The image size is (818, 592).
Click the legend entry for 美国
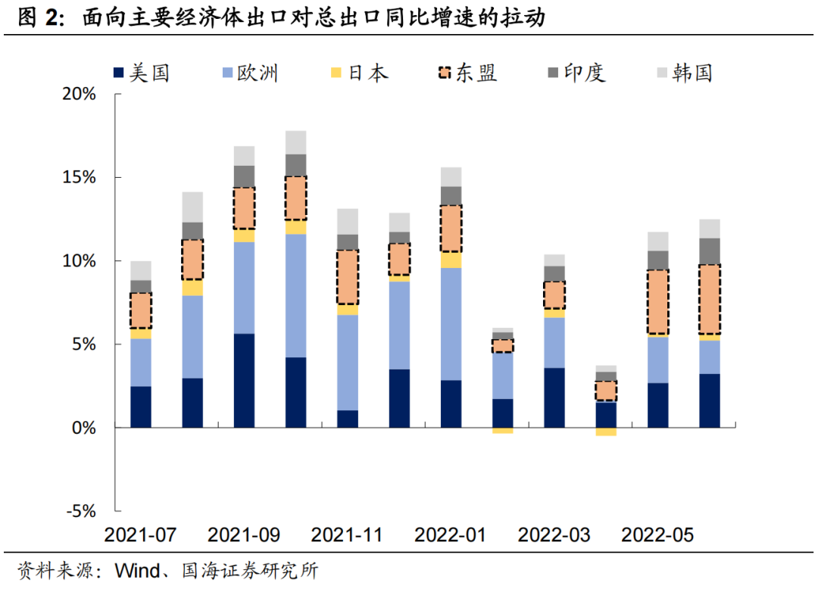[x=141, y=73]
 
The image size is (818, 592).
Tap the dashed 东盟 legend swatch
[x=445, y=73]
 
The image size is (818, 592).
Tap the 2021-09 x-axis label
[x=244, y=534]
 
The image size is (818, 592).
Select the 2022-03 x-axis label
[x=554, y=534]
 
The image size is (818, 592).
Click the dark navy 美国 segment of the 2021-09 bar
[x=244, y=380]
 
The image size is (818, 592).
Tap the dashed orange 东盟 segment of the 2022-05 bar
[x=658, y=302]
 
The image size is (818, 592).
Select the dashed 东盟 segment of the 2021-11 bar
[x=348, y=277]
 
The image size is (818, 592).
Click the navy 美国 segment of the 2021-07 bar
[x=141, y=407]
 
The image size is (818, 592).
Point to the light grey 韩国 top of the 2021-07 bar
[x=141, y=270]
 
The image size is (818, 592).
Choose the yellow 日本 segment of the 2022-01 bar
[x=451, y=260]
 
